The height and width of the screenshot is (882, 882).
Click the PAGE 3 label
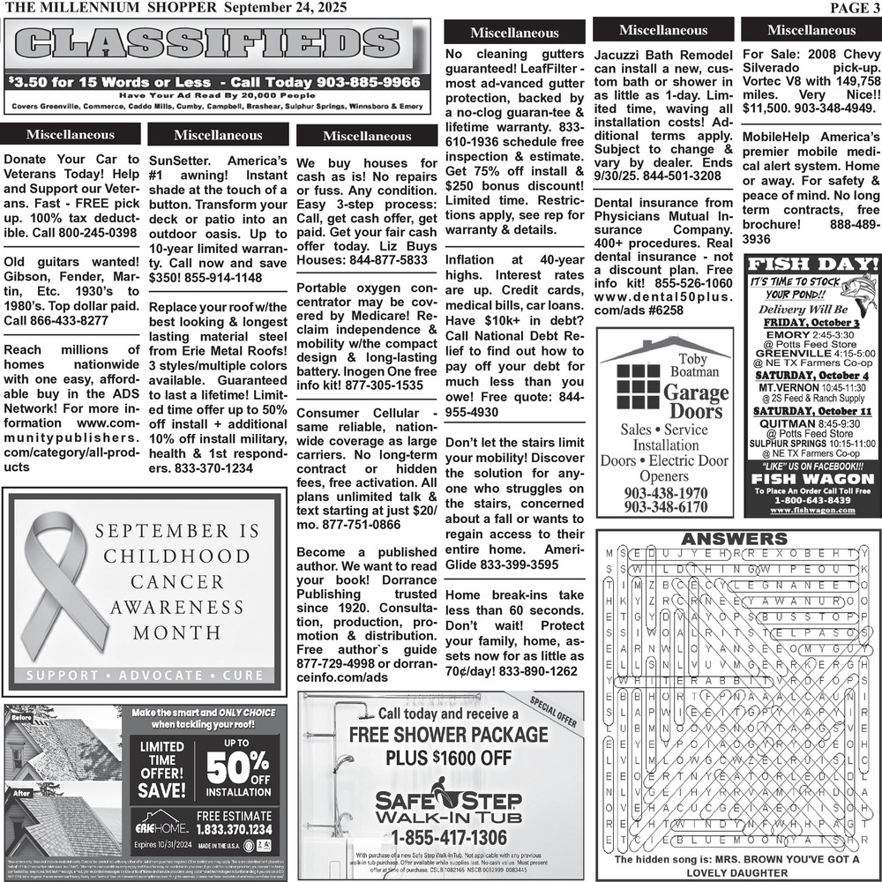853,8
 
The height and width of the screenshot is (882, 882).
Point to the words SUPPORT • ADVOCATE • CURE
146,676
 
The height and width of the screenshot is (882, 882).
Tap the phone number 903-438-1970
665,494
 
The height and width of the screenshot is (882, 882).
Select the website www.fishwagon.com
812,511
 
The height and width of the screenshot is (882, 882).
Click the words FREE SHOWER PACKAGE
448,735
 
